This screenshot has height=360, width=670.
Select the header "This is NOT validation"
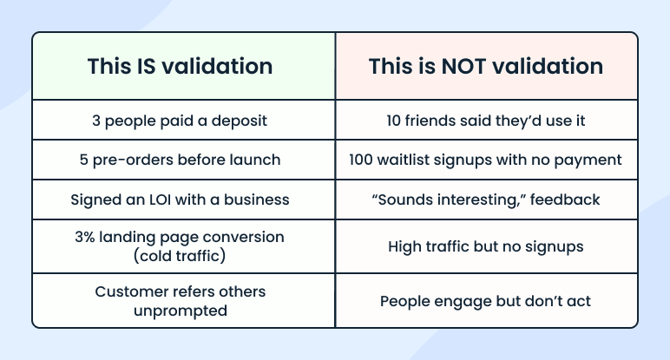point(486,67)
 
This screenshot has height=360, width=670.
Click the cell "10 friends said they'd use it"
point(486,121)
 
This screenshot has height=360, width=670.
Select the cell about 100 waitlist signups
point(486,160)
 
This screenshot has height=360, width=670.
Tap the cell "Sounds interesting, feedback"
point(486,200)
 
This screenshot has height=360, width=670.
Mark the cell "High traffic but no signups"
point(486,246)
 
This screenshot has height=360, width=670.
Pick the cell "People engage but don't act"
point(486,301)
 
